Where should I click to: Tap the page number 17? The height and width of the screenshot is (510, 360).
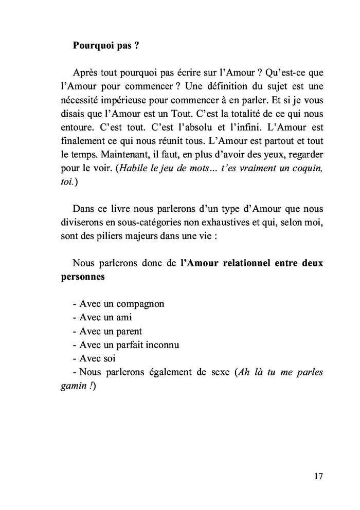pyautogui.click(x=318, y=476)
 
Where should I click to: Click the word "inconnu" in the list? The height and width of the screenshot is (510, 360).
pyautogui.click(x=160, y=344)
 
